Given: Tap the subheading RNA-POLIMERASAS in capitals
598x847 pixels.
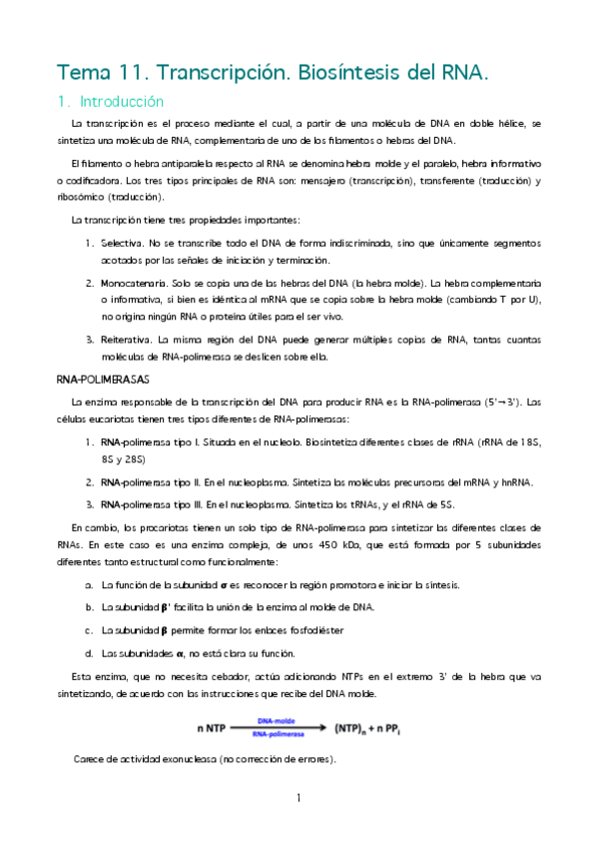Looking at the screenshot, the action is pos(102,380).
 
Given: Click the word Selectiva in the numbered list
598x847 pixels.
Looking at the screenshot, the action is pos(121,243).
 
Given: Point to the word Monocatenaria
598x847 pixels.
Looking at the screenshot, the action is pos(133,284).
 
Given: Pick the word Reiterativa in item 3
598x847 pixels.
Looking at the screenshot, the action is pos(127,341).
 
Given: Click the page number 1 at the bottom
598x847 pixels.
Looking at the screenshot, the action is pos(299,798).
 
